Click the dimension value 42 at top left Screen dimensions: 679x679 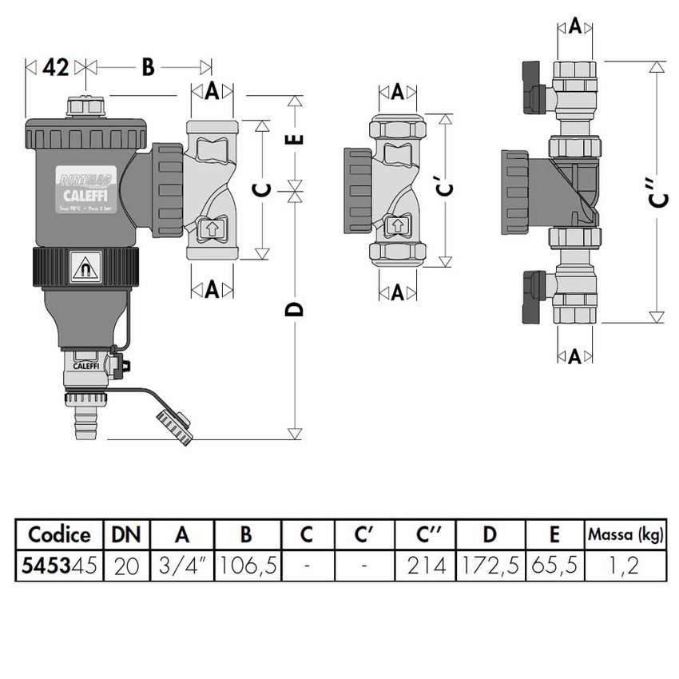55,68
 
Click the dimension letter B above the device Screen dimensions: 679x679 148,68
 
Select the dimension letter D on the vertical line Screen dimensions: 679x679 295,309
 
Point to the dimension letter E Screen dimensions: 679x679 295,139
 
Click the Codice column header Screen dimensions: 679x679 59,534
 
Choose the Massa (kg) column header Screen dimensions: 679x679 625,534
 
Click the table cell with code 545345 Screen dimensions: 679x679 59,566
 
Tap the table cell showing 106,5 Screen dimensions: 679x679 248,566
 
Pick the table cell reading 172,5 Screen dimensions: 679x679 490,566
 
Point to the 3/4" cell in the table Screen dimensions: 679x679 183,566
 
